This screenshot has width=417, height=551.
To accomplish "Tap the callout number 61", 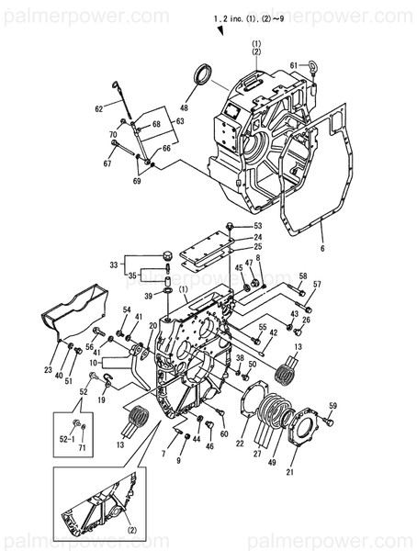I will (293, 65).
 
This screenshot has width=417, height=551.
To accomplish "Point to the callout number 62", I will (99, 108).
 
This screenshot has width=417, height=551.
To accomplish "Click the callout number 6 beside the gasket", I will (322, 248).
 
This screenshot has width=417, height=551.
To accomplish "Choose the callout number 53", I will (257, 225).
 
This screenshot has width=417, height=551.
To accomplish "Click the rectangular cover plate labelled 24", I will (207, 241).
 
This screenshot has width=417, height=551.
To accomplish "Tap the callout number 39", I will (148, 296).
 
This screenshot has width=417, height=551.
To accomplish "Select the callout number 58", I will (302, 275).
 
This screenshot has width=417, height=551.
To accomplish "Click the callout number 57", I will (317, 285).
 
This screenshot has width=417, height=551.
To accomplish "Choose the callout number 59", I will (333, 406).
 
